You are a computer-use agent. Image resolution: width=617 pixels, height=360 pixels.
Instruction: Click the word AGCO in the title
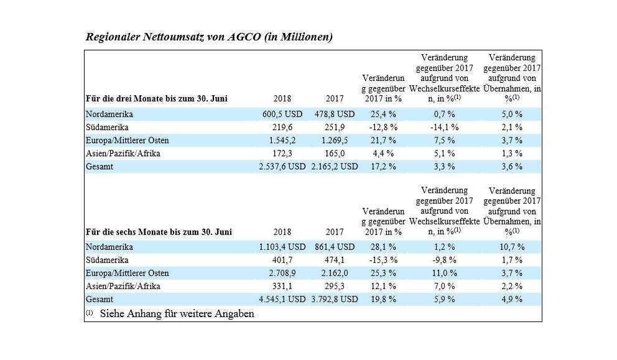[x=244, y=37]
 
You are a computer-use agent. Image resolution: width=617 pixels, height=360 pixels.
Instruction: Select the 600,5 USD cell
[x=282, y=114]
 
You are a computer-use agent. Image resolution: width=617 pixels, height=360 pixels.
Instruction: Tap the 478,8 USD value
[x=335, y=114]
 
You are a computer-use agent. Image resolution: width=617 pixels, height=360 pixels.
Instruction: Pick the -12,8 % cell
[x=383, y=127]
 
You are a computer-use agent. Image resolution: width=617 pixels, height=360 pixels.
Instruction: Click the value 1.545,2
[x=282, y=140]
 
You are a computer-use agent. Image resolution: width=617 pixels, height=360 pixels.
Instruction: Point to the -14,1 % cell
[x=444, y=127]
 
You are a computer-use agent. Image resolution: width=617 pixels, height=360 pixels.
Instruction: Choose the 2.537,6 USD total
[x=282, y=167]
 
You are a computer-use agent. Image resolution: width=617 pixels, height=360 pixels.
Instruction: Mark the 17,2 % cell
[x=383, y=167]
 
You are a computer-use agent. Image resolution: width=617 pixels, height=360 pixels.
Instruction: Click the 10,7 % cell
[x=512, y=247]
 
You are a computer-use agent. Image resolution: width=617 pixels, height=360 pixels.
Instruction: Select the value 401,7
[x=282, y=260]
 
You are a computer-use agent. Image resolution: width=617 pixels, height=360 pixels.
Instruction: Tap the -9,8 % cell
[x=444, y=260]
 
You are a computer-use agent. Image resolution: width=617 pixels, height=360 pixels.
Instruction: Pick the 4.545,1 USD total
[x=282, y=299]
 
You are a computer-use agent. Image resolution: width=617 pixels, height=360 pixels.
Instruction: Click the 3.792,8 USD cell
[x=335, y=299]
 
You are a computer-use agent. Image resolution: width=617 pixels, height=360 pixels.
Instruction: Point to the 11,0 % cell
[x=444, y=273]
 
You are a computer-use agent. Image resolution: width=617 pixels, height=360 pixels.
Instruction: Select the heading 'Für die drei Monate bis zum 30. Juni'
[x=157, y=98]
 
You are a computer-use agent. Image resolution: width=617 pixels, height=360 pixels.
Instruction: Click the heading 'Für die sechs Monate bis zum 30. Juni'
[x=159, y=232]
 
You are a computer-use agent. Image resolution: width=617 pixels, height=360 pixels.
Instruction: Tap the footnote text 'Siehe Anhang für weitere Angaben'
[x=177, y=313]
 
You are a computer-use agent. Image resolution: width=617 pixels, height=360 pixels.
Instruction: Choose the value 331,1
[x=282, y=286]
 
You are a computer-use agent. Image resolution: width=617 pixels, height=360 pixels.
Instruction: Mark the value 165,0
[x=335, y=153]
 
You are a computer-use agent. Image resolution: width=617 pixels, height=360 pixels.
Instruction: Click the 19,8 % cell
[x=383, y=299]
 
